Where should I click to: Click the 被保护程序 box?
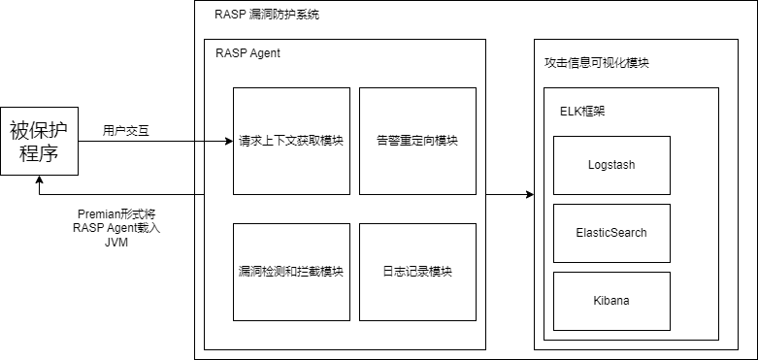[x=39, y=142]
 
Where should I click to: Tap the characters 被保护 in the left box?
[x=39, y=129]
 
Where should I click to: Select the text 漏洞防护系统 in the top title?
[x=283, y=15]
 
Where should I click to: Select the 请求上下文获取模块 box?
[x=291, y=141]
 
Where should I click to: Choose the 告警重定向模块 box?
[x=417, y=141]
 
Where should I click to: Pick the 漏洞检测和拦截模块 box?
[x=291, y=272]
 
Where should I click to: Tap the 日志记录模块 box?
[x=417, y=272]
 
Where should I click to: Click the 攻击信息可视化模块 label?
[x=597, y=63]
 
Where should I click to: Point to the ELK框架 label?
[x=583, y=111]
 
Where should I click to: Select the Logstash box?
[x=611, y=165]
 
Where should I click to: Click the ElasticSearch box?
[x=611, y=233]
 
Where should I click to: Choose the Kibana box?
[x=611, y=301]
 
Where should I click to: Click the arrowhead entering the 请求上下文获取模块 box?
[x=228, y=142]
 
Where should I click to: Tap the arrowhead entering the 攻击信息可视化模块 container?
[x=529, y=195]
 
